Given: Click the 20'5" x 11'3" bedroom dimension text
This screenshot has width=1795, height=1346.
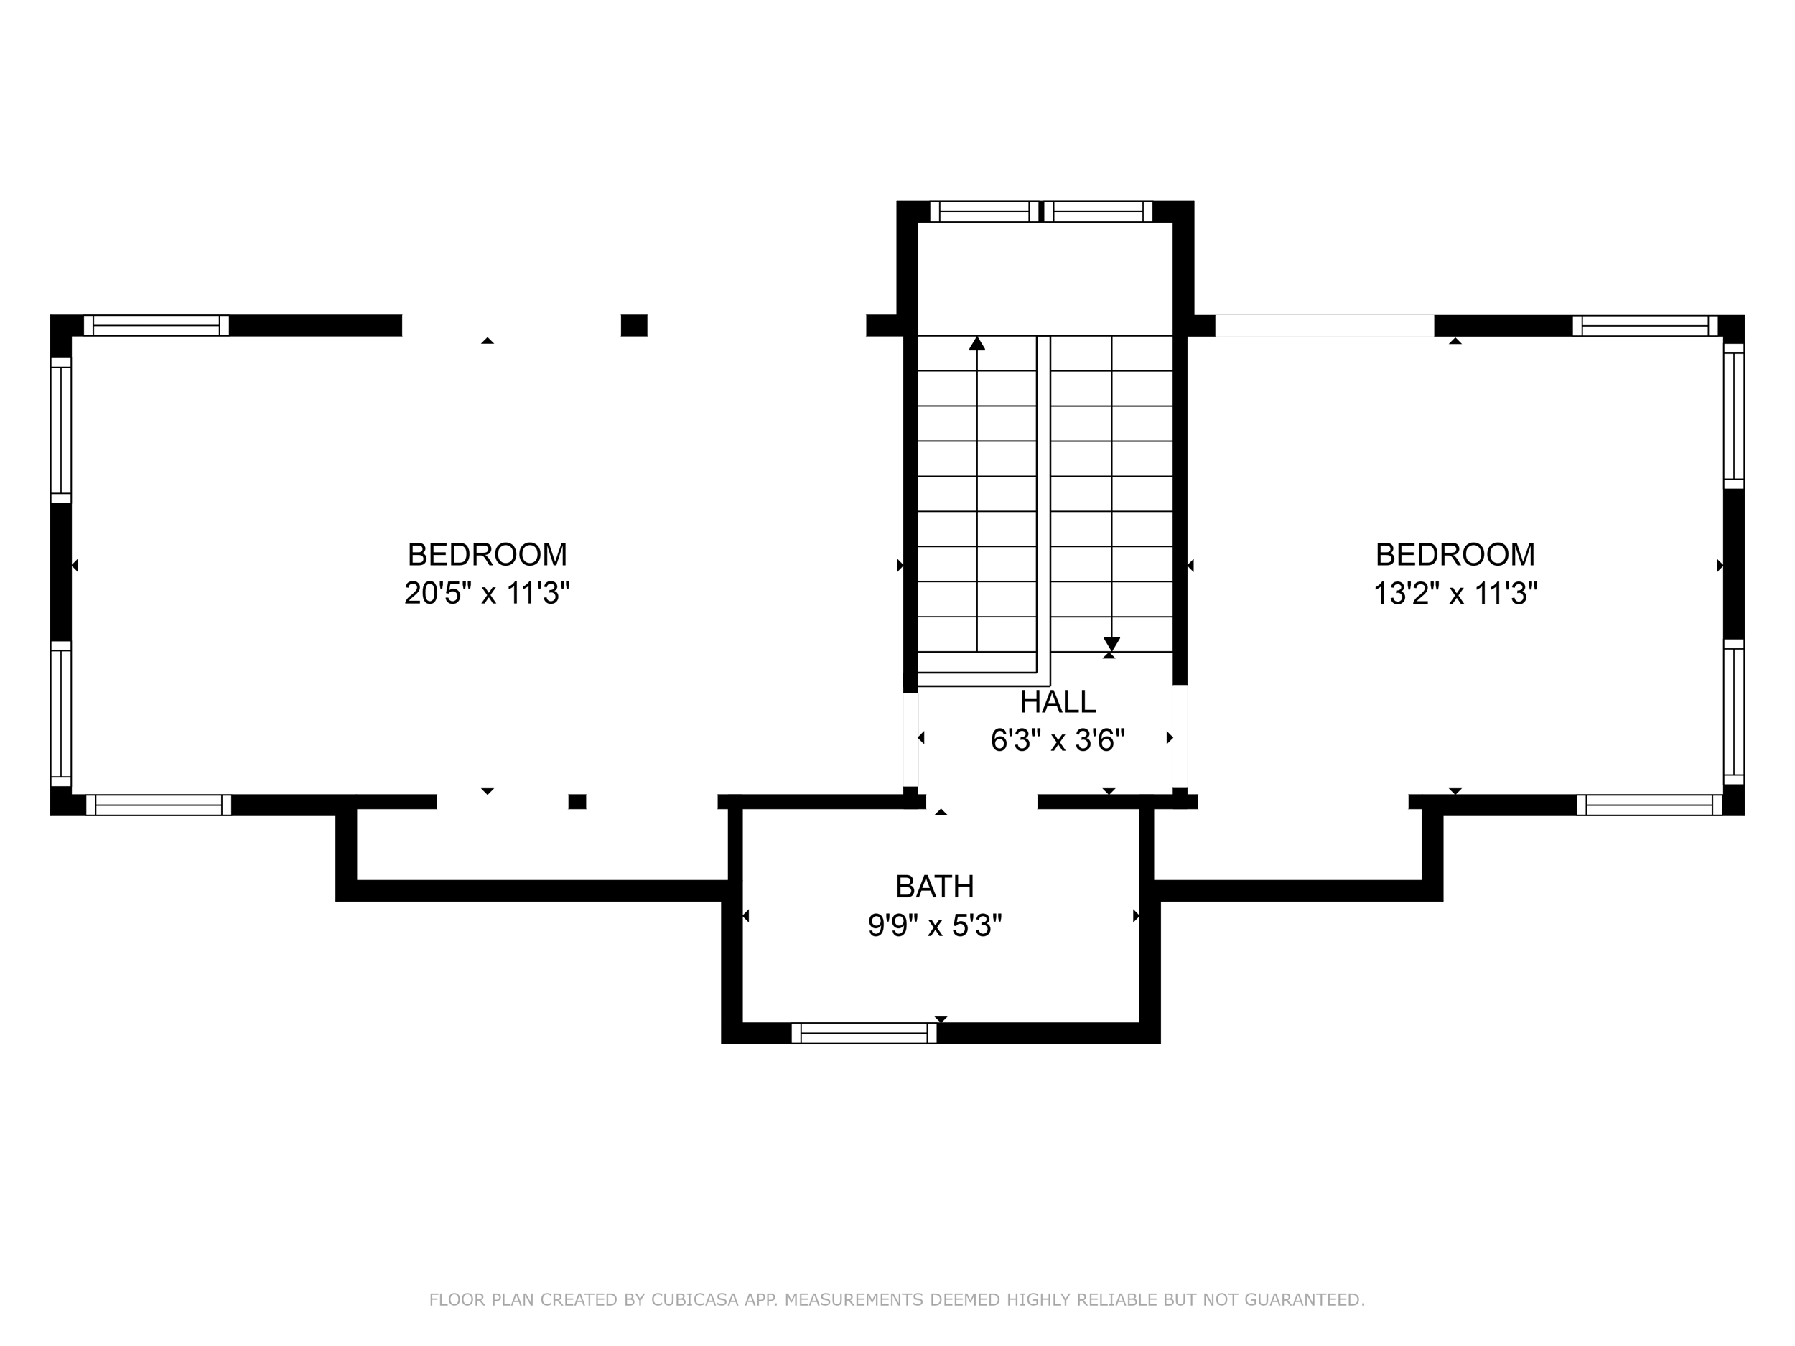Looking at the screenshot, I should coord(487,593).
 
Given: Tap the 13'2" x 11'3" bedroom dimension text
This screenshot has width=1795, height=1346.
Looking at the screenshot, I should coord(1455,593).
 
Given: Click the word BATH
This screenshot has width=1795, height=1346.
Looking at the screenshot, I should coord(934,887).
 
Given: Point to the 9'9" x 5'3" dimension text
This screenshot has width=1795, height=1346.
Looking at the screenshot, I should coord(934,926).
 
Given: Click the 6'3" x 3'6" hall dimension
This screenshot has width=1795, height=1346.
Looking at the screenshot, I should coord(1058,740).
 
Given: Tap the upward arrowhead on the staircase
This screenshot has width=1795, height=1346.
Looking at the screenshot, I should coord(977,344).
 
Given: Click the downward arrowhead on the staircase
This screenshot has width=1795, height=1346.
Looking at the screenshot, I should coord(1111,643).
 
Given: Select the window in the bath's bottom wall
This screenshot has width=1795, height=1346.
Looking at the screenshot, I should coord(864,1033).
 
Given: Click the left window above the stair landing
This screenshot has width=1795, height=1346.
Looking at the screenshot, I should coord(984,212).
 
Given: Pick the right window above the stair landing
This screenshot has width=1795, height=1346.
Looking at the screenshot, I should coord(1097,212).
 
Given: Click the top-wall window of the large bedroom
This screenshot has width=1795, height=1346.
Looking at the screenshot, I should coord(156,325).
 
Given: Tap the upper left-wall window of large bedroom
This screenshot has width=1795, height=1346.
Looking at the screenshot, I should coord(61,430).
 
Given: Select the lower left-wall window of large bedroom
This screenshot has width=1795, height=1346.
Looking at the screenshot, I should coord(61,713).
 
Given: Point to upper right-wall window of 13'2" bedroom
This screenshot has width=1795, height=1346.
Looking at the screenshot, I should coord(1733,416).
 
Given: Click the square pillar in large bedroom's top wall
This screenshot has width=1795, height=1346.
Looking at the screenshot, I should coord(634,325).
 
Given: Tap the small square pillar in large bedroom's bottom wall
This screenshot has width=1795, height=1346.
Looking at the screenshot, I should coord(577,802).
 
